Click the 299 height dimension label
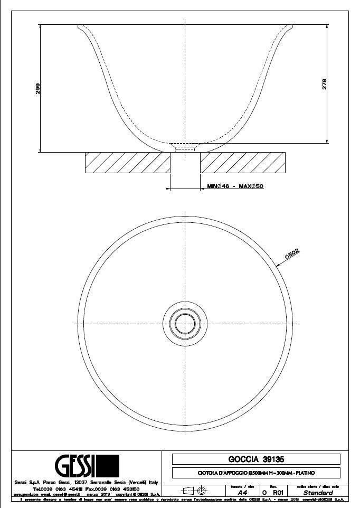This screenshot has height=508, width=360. click(37, 89)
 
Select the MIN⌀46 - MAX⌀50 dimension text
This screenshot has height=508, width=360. click(235, 187)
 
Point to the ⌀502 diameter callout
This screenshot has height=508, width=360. click(292, 255)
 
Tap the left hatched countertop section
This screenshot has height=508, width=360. click(127, 162)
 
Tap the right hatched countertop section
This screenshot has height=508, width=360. click(243, 162)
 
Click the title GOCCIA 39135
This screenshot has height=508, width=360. click(256, 459)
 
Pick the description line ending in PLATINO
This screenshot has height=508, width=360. click(256, 473)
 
